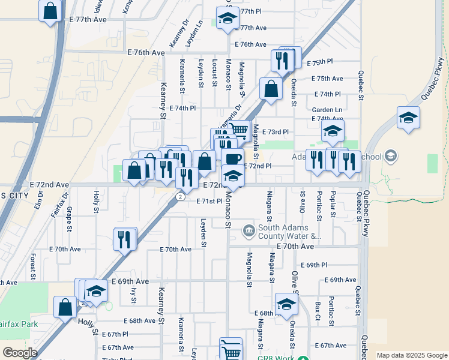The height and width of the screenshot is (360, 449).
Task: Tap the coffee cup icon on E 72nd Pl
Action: point(232,158)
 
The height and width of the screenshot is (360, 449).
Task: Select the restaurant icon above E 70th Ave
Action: point(125,239)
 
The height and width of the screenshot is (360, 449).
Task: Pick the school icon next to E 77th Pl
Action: point(227,19)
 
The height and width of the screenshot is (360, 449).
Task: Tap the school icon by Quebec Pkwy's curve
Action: point(408,118)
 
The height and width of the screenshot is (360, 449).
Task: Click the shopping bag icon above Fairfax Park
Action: point(65,307)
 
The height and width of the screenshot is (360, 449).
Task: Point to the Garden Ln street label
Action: point(327,110)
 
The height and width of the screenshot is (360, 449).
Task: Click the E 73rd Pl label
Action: point(276,131)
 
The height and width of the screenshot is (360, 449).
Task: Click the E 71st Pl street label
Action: point(209,202)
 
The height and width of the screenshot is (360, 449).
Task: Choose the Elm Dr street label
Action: point(40,199)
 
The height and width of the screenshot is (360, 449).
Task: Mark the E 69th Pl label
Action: point(316,265)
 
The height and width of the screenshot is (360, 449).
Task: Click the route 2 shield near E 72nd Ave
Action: point(180,196)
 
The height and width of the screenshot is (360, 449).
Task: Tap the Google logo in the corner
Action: point(20,353)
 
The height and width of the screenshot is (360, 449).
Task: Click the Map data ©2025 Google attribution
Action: point(412,355)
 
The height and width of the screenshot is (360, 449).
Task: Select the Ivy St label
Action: point(134,295)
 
